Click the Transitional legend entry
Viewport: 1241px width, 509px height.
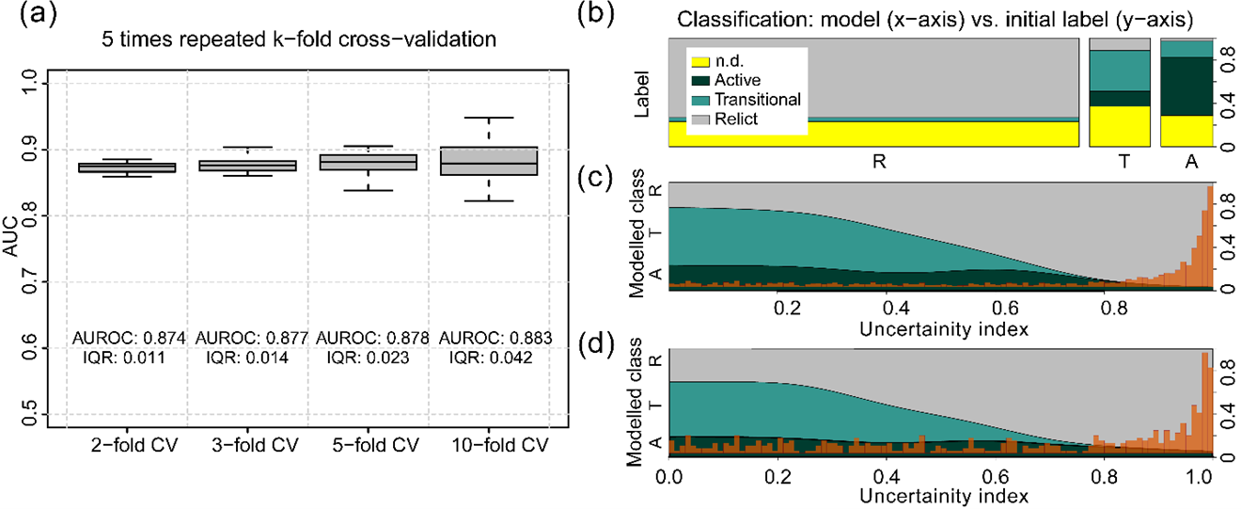click(x=758, y=100)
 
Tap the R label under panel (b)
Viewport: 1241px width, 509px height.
click(x=878, y=162)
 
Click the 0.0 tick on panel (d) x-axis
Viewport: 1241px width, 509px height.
click(x=669, y=476)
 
